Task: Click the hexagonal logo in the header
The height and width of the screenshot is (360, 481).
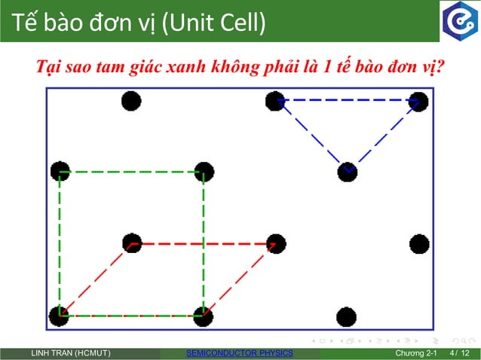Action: [x=458, y=21]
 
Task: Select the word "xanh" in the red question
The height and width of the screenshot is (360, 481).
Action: [x=188, y=67]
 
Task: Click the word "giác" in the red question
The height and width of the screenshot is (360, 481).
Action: [x=147, y=67]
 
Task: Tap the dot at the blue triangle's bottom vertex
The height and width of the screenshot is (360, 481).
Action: [x=347, y=172]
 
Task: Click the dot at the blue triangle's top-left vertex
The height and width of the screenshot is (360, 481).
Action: [x=275, y=101]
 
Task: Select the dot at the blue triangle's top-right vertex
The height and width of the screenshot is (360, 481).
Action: [x=418, y=101]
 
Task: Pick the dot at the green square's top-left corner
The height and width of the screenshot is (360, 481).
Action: [x=60, y=172]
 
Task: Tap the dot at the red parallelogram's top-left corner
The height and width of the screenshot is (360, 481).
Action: [x=132, y=243]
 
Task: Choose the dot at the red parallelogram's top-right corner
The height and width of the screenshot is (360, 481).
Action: [x=276, y=243]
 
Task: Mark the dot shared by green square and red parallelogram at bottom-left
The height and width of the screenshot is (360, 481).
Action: [x=60, y=316]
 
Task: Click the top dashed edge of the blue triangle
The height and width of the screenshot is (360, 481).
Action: [x=347, y=99]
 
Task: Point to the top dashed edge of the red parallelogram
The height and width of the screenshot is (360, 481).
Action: [x=204, y=243]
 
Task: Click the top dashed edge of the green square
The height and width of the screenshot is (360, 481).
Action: [x=132, y=172]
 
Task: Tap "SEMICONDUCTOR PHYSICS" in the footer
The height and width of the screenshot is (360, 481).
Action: [x=239, y=353]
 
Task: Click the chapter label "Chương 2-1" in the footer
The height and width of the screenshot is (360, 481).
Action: [x=416, y=353]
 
